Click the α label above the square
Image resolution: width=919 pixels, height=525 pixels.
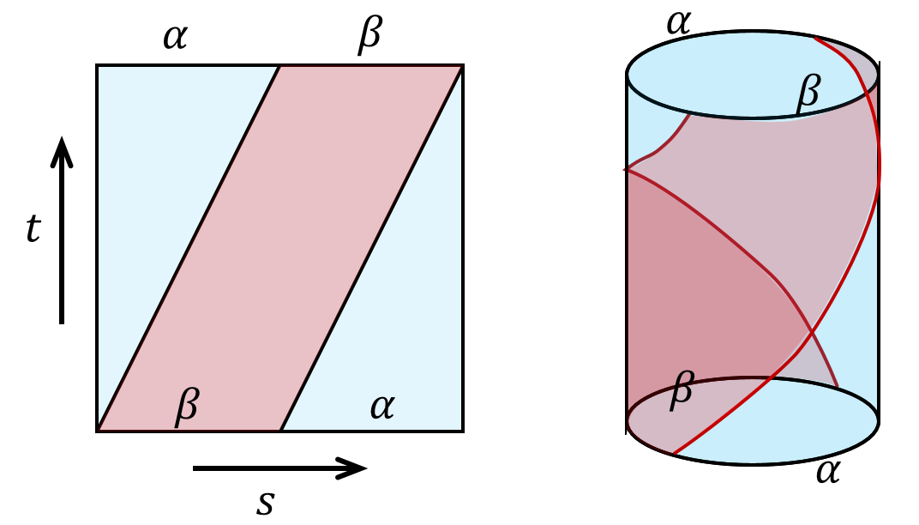coord(175,39)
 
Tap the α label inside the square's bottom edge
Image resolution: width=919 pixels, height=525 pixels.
coord(381,407)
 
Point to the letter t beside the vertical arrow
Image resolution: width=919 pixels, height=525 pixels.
coord(33,231)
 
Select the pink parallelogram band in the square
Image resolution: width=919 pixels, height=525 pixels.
coord(280,249)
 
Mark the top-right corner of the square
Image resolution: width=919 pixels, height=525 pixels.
coord(463,65)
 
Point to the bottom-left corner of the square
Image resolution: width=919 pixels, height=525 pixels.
coord(97,431)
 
